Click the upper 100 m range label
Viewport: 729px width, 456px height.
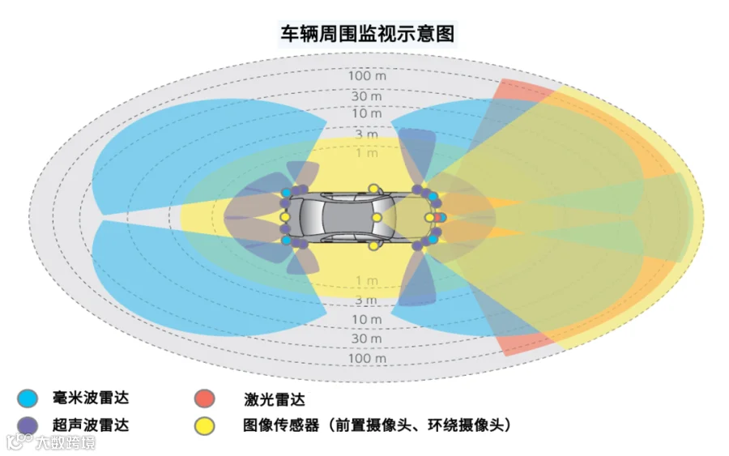pos(366,76)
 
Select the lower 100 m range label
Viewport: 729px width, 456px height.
pos(366,358)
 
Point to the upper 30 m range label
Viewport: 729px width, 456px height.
pos(366,96)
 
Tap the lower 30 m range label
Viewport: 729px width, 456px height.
pos(366,339)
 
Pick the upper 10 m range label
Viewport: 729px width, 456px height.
pos(366,115)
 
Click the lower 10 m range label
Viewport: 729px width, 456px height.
pos(366,320)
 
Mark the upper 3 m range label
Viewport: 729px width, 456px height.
pos(366,134)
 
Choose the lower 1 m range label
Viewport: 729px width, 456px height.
pos(366,282)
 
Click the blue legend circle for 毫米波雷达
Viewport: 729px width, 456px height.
pos(28,398)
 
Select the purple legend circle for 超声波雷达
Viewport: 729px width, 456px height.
pos(28,424)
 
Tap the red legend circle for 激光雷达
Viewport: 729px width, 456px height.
pos(204,398)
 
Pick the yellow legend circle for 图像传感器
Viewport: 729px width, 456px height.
pos(204,424)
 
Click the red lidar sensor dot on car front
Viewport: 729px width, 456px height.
pos(438,217)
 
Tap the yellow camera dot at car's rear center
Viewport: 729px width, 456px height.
pos(284,217)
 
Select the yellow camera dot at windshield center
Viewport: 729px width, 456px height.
pos(377,217)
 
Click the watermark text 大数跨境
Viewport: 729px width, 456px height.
pos(65,443)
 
